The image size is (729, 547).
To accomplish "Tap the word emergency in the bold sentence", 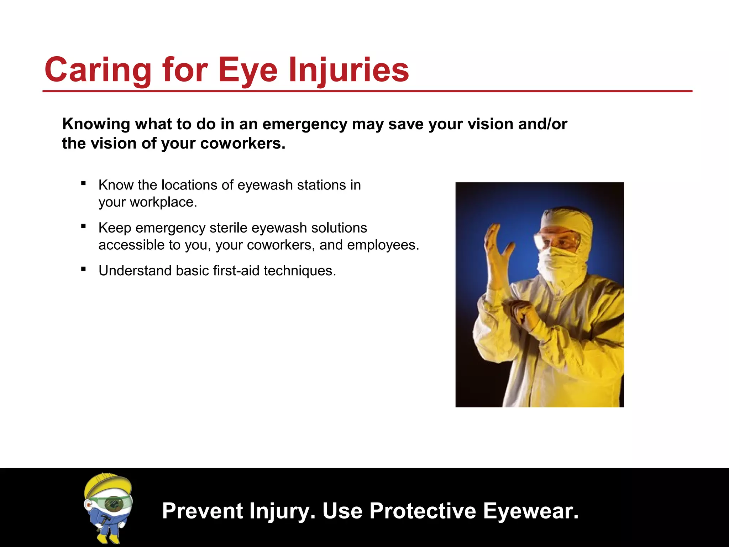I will (x=305, y=124).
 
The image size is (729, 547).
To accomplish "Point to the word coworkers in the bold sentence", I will (x=242, y=144).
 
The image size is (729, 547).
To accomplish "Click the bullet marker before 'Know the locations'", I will (x=83, y=184).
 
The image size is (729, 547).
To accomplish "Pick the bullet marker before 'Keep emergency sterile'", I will (x=83, y=226).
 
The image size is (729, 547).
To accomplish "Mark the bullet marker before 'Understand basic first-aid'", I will (x=83, y=269).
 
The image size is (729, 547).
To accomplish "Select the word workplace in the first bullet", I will (x=163, y=202).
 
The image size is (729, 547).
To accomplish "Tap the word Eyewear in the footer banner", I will (x=530, y=511).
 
